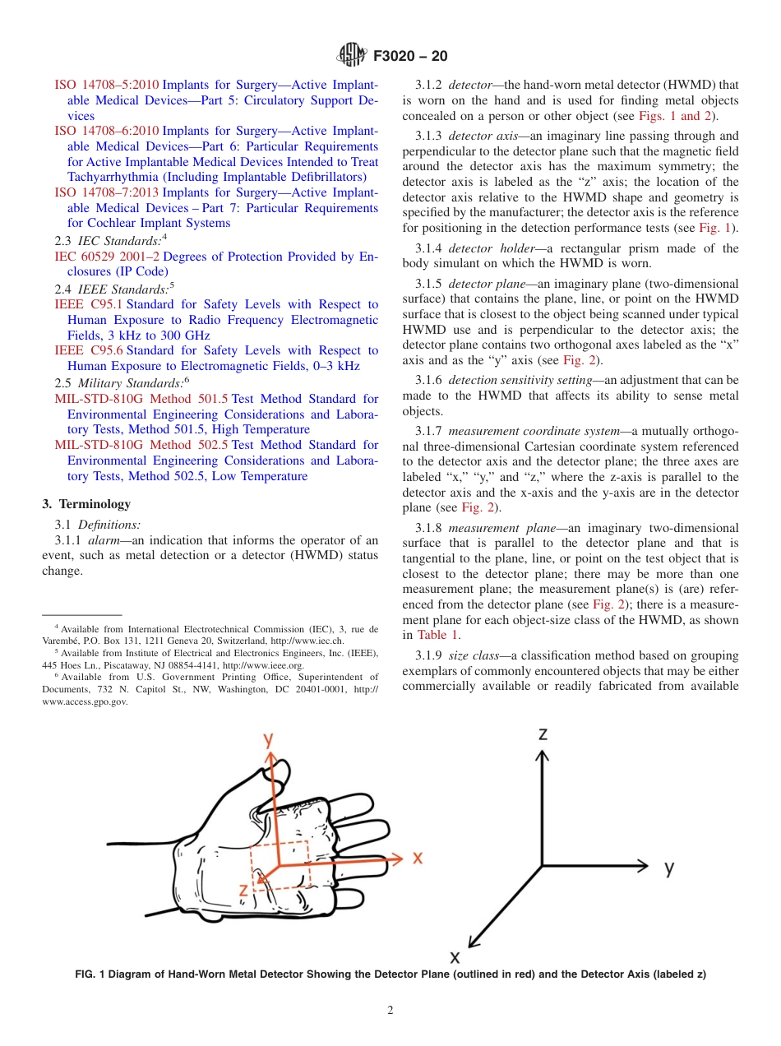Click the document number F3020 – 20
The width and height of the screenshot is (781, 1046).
(410, 56)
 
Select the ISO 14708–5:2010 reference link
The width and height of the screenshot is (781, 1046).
(106, 85)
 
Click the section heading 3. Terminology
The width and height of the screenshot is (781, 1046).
(86, 504)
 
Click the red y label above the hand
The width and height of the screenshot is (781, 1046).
(268, 740)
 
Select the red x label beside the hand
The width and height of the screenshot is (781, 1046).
(418, 857)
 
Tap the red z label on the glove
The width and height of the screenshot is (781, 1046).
(243, 890)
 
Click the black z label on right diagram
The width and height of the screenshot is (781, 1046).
(543, 734)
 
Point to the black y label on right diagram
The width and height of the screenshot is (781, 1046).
(670, 867)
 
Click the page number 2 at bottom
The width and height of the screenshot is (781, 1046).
(390, 1011)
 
